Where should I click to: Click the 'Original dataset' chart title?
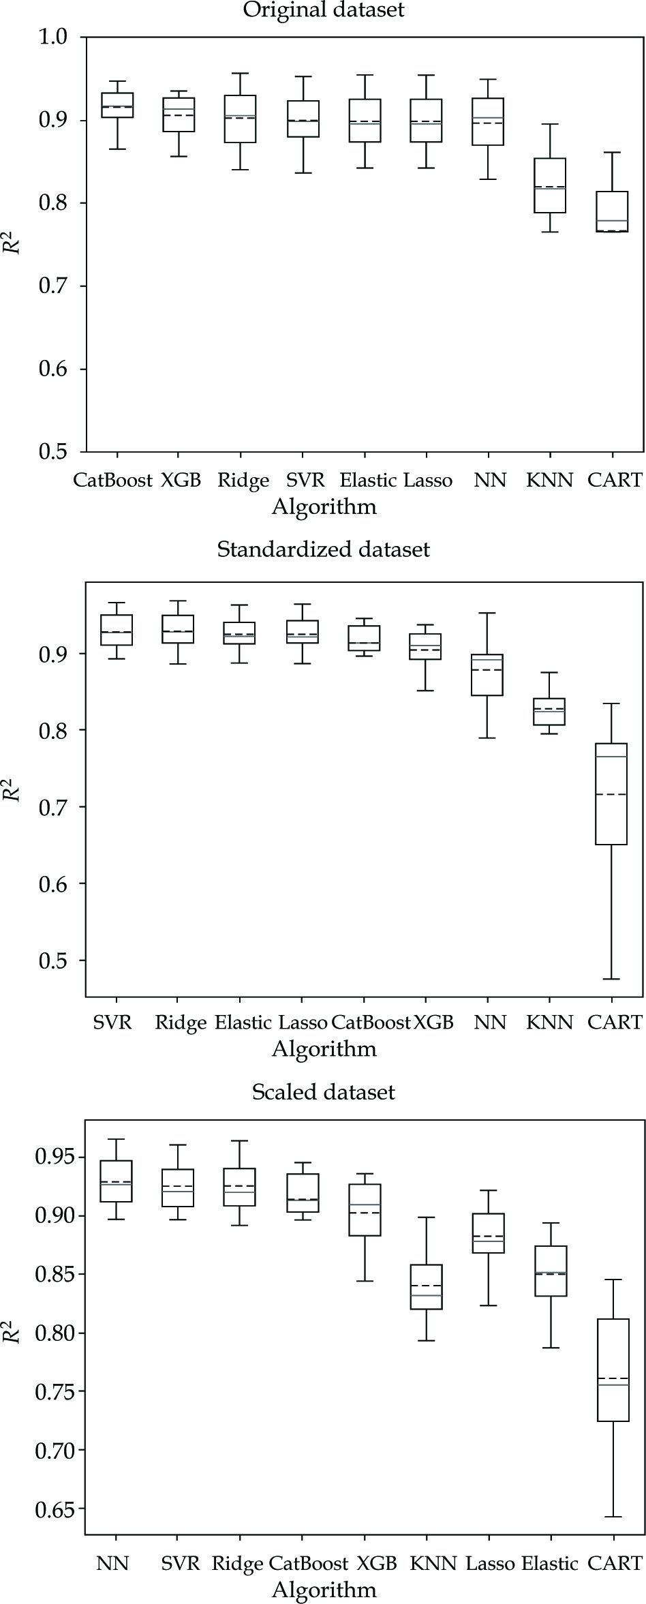coord(323,10)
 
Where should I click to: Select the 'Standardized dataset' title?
coord(323,549)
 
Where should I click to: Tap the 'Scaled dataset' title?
coord(323,1092)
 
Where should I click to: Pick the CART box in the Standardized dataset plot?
coord(611,793)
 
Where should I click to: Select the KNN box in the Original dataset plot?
coord(550,185)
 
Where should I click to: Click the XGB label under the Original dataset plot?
coord(181,481)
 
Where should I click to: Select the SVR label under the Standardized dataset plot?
coord(112,1023)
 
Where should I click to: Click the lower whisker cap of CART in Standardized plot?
coord(611,979)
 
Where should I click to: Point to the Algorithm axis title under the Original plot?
coord(324,506)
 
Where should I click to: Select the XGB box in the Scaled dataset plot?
coord(365,1209)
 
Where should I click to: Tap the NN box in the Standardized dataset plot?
coord(488,675)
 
